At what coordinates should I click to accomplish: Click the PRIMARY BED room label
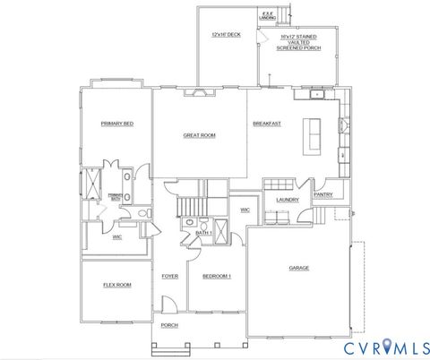click(117, 124)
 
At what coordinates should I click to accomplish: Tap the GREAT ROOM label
click(199, 135)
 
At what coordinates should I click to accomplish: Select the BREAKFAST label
click(267, 124)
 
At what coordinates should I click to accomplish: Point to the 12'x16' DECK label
click(226, 34)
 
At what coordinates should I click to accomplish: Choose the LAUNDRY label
click(287, 200)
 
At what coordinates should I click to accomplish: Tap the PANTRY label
click(322, 194)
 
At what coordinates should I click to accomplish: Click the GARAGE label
click(298, 268)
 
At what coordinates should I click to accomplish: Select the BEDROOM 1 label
click(216, 276)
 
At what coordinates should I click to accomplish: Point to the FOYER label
click(169, 276)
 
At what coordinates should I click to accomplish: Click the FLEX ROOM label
click(116, 285)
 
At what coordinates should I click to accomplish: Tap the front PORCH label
click(169, 325)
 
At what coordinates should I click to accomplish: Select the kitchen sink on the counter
click(317, 94)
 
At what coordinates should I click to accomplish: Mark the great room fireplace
click(199, 91)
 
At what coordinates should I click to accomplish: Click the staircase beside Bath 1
click(190, 207)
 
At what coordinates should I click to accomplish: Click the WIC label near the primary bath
click(117, 237)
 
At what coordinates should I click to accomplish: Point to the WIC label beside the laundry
click(245, 210)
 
